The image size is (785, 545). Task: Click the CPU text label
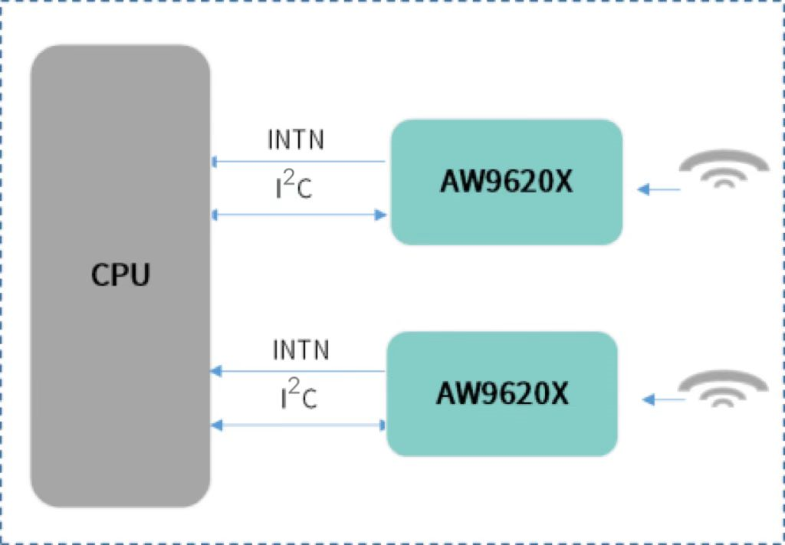pos(120,274)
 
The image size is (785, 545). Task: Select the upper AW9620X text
pos(506,182)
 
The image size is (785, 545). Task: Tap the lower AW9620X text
pos(503,393)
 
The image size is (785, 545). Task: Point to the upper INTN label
pos(296,140)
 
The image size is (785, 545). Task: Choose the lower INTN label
pos(301,350)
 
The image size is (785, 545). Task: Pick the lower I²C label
pos(299,394)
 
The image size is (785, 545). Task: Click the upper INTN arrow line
pos(298,162)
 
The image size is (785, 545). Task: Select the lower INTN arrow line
pos(298,371)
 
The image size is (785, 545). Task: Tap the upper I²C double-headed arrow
pos(299,215)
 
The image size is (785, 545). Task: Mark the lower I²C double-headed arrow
pos(299,425)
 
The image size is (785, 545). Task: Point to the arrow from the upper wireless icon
pos(659,189)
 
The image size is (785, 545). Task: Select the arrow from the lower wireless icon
pos(663,399)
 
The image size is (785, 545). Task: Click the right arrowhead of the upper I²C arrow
pos(381,215)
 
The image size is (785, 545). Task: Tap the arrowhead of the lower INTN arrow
pos(216,371)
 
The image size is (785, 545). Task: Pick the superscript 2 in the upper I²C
pos(288,176)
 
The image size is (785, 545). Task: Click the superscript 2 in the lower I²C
pos(294,386)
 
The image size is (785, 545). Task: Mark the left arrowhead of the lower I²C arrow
pos(216,425)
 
